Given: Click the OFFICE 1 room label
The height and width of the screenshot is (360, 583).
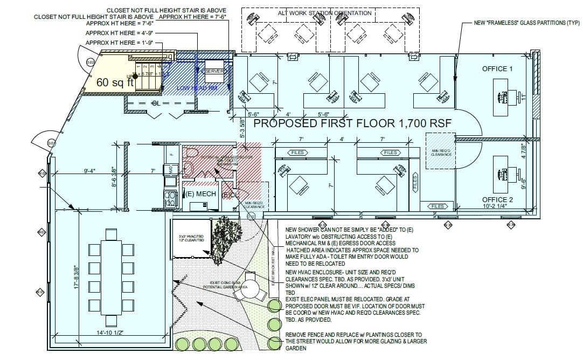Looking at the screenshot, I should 497,69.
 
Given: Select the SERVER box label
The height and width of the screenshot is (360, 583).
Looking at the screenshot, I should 214,71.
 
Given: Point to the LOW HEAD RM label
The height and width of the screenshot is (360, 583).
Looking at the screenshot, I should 198,87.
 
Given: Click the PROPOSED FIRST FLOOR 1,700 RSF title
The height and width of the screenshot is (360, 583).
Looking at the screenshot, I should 352,123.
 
